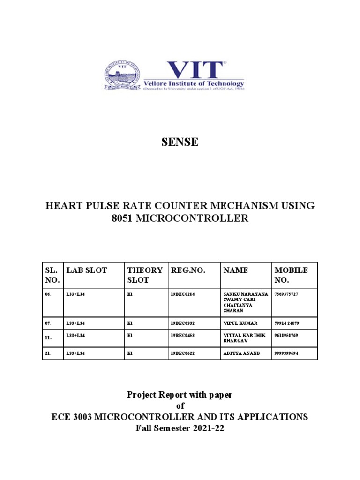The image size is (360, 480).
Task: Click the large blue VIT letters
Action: point(195,70)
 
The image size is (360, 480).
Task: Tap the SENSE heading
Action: point(180,142)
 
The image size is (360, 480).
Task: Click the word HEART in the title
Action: point(62,205)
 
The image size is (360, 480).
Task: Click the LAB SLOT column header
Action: point(87,270)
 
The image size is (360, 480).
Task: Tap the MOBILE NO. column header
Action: point(291,275)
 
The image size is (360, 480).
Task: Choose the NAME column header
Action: point(236,270)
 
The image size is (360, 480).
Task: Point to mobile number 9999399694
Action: point(288,353)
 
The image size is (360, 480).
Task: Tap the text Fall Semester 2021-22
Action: point(180,427)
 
